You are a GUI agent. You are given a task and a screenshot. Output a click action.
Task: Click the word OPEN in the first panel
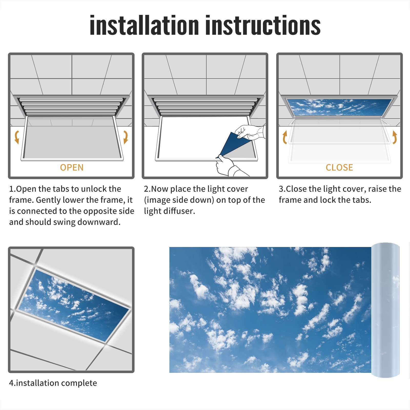tap(72, 168)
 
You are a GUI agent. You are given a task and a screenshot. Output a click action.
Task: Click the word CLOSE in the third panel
tap(339, 168)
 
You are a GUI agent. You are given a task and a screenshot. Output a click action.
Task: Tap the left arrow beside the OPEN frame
tap(17, 137)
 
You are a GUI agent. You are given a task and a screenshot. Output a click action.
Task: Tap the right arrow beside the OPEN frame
tap(126, 137)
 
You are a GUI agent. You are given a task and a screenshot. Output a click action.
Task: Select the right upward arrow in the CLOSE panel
tap(395, 137)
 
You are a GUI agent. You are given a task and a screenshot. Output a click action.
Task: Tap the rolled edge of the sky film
tap(385, 310)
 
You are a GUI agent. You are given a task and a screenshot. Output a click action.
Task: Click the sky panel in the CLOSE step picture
tap(339, 107)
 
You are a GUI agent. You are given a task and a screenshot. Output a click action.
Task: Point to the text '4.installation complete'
tap(53, 383)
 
